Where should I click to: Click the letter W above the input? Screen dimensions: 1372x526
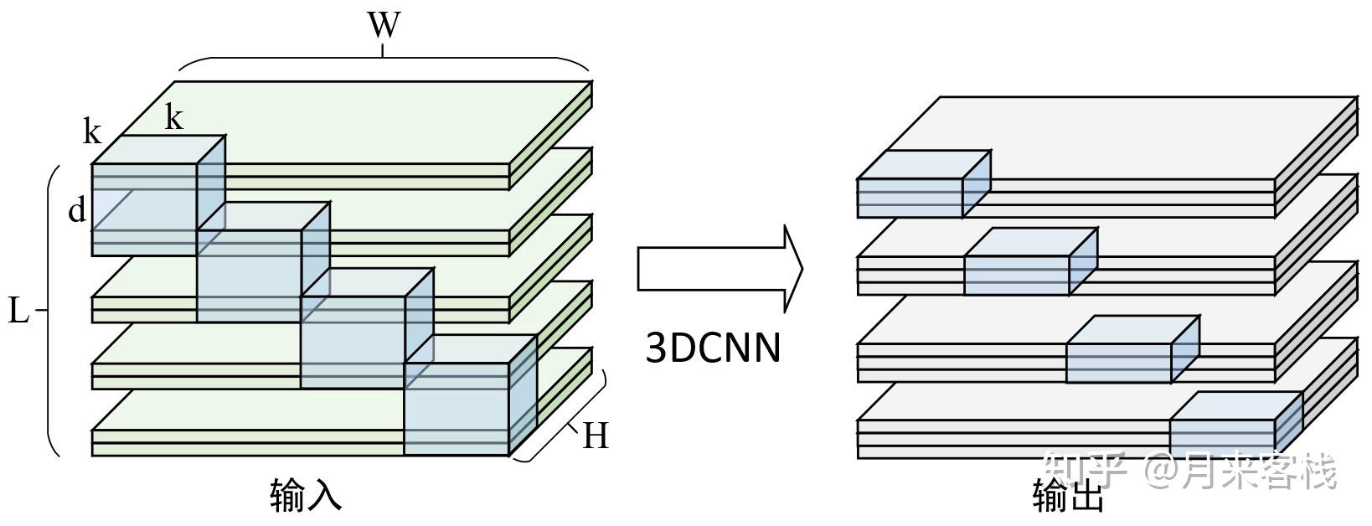384,25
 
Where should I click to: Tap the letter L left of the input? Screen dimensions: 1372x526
18,311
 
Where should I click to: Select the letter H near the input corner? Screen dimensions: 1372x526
596,436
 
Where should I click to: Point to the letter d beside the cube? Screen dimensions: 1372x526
77,210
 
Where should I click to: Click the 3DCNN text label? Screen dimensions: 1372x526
714,348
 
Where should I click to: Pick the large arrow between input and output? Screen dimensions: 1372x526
720,268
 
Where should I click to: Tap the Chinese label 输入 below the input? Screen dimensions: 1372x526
305,495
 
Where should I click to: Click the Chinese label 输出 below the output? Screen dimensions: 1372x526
1068,495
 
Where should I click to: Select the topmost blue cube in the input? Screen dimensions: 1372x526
158,195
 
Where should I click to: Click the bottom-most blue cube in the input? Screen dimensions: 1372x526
471,395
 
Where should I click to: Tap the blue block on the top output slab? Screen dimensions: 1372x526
924,184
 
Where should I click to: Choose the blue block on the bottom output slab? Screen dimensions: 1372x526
1236,425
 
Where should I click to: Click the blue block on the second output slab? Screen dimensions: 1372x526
1031,261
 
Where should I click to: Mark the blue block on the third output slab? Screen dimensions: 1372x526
1133,349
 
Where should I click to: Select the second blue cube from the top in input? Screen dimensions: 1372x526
263,262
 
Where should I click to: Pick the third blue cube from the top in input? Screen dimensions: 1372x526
367,329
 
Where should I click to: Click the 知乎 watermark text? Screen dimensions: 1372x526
1085,470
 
